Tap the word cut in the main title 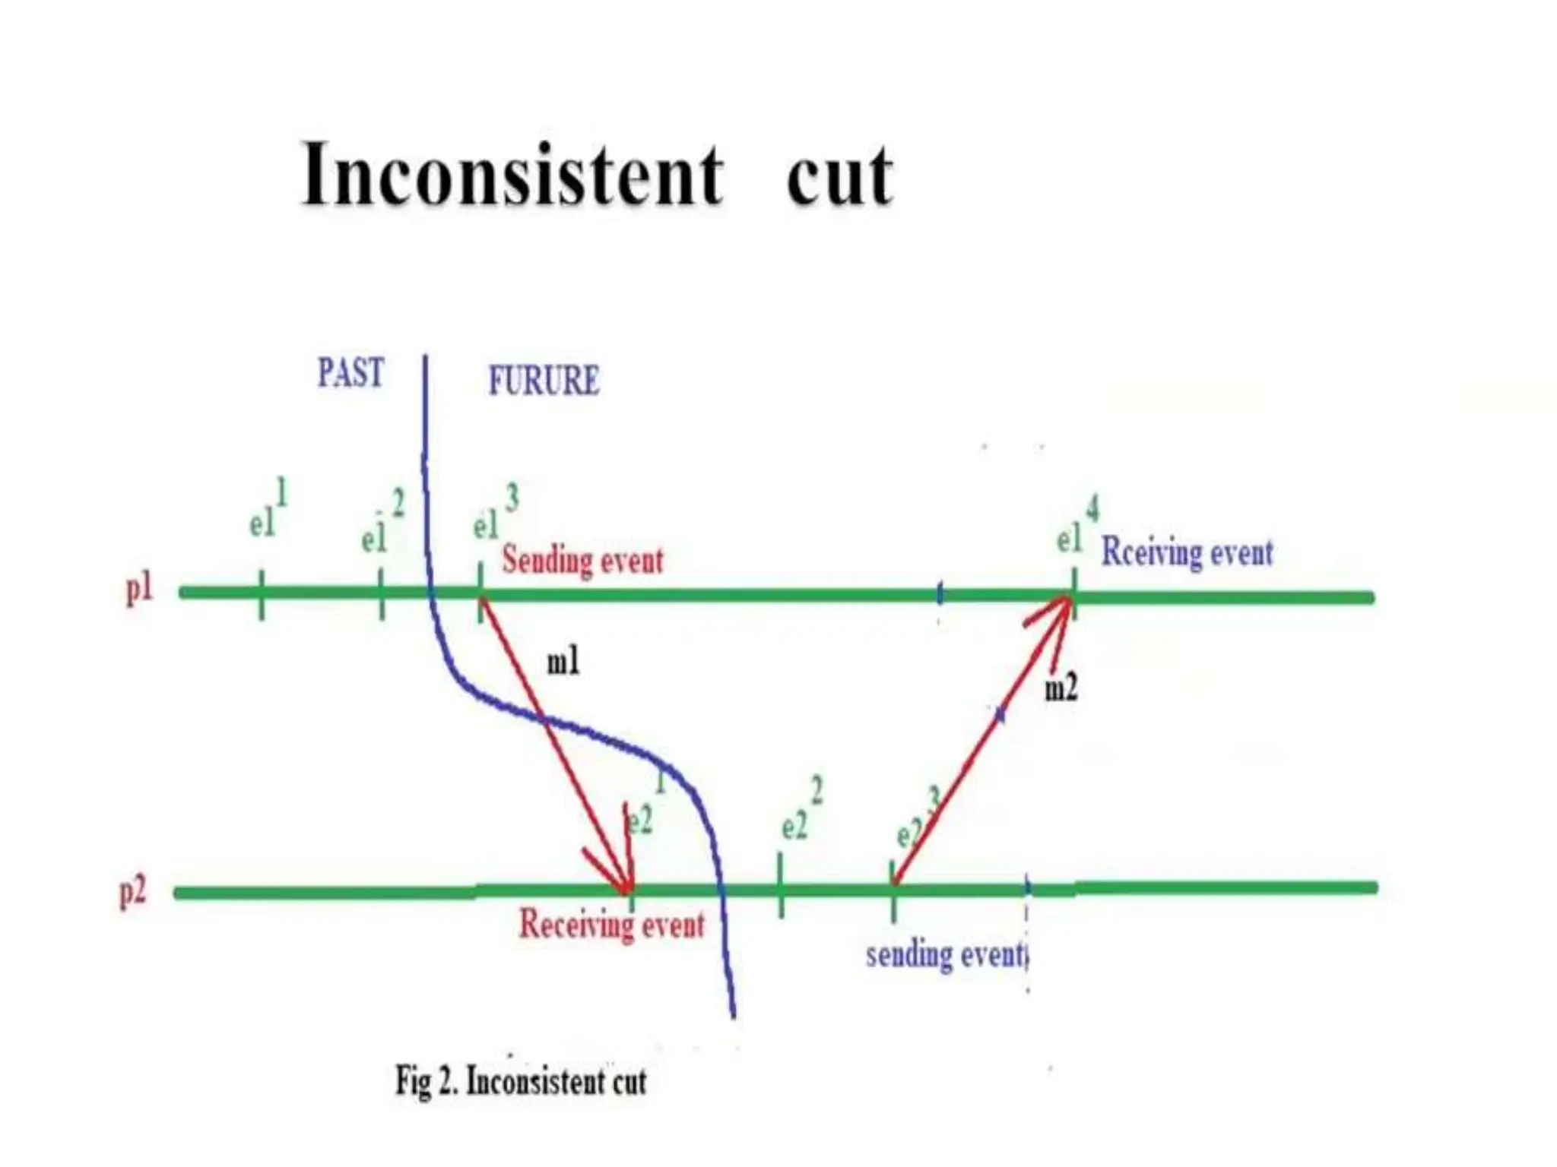839,176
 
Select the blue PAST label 350,373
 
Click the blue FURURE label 544,381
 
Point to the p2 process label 133,891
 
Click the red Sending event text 582,561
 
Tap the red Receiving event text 611,925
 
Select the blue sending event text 947,954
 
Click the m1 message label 563,662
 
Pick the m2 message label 1061,688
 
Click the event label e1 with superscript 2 382,524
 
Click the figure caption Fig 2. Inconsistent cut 521,1080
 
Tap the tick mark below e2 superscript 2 781,886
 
